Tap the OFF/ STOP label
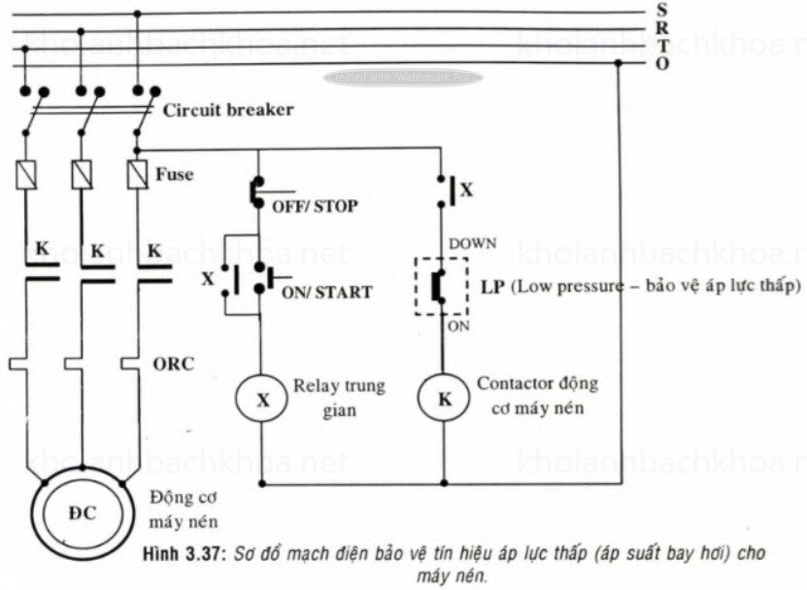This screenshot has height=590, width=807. (314, 206)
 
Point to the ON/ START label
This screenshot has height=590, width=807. (326, 292)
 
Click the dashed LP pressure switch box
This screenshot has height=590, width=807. (443, 286)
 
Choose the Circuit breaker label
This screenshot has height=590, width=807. (227, 110)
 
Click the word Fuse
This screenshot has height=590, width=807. (175, 175)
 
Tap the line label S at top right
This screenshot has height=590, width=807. (661, 10)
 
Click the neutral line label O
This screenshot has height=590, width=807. (661, 63)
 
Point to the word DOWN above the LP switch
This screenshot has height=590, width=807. (471, 242)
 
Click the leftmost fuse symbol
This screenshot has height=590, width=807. (26, 175)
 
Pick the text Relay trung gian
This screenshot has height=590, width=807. (325, 398)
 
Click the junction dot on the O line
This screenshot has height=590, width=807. (619, 64)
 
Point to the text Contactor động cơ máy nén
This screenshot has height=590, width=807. (536, 395)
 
